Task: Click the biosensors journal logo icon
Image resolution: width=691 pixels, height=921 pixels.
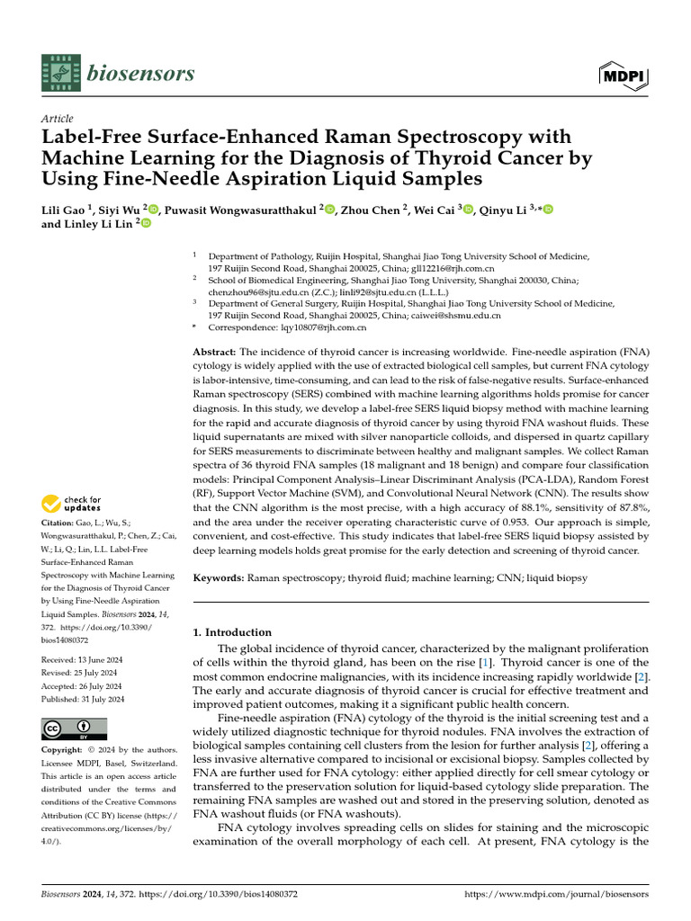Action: point(62,72)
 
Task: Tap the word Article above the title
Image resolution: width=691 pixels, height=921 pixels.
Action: point(58,119)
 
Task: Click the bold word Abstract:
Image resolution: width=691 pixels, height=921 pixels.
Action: point(215,352)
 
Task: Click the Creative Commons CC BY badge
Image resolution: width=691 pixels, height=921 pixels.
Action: point(74,729)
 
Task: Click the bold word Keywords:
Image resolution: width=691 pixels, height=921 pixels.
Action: point(221,577)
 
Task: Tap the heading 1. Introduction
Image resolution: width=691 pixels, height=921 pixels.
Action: point(232,632)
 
